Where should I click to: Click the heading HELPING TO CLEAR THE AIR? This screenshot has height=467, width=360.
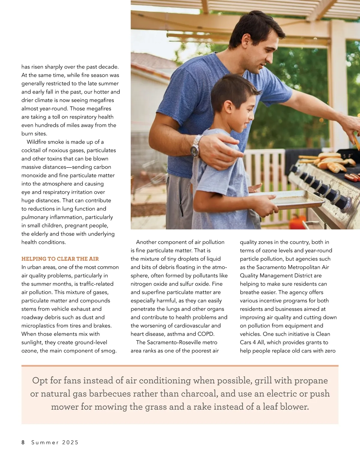(60, 259)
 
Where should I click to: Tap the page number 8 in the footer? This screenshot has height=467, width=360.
(23, 442)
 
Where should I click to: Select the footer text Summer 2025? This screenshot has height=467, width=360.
(55, 442)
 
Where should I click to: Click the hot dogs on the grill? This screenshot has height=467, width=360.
(352, 177)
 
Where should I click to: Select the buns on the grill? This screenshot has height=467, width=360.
(330, 162)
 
